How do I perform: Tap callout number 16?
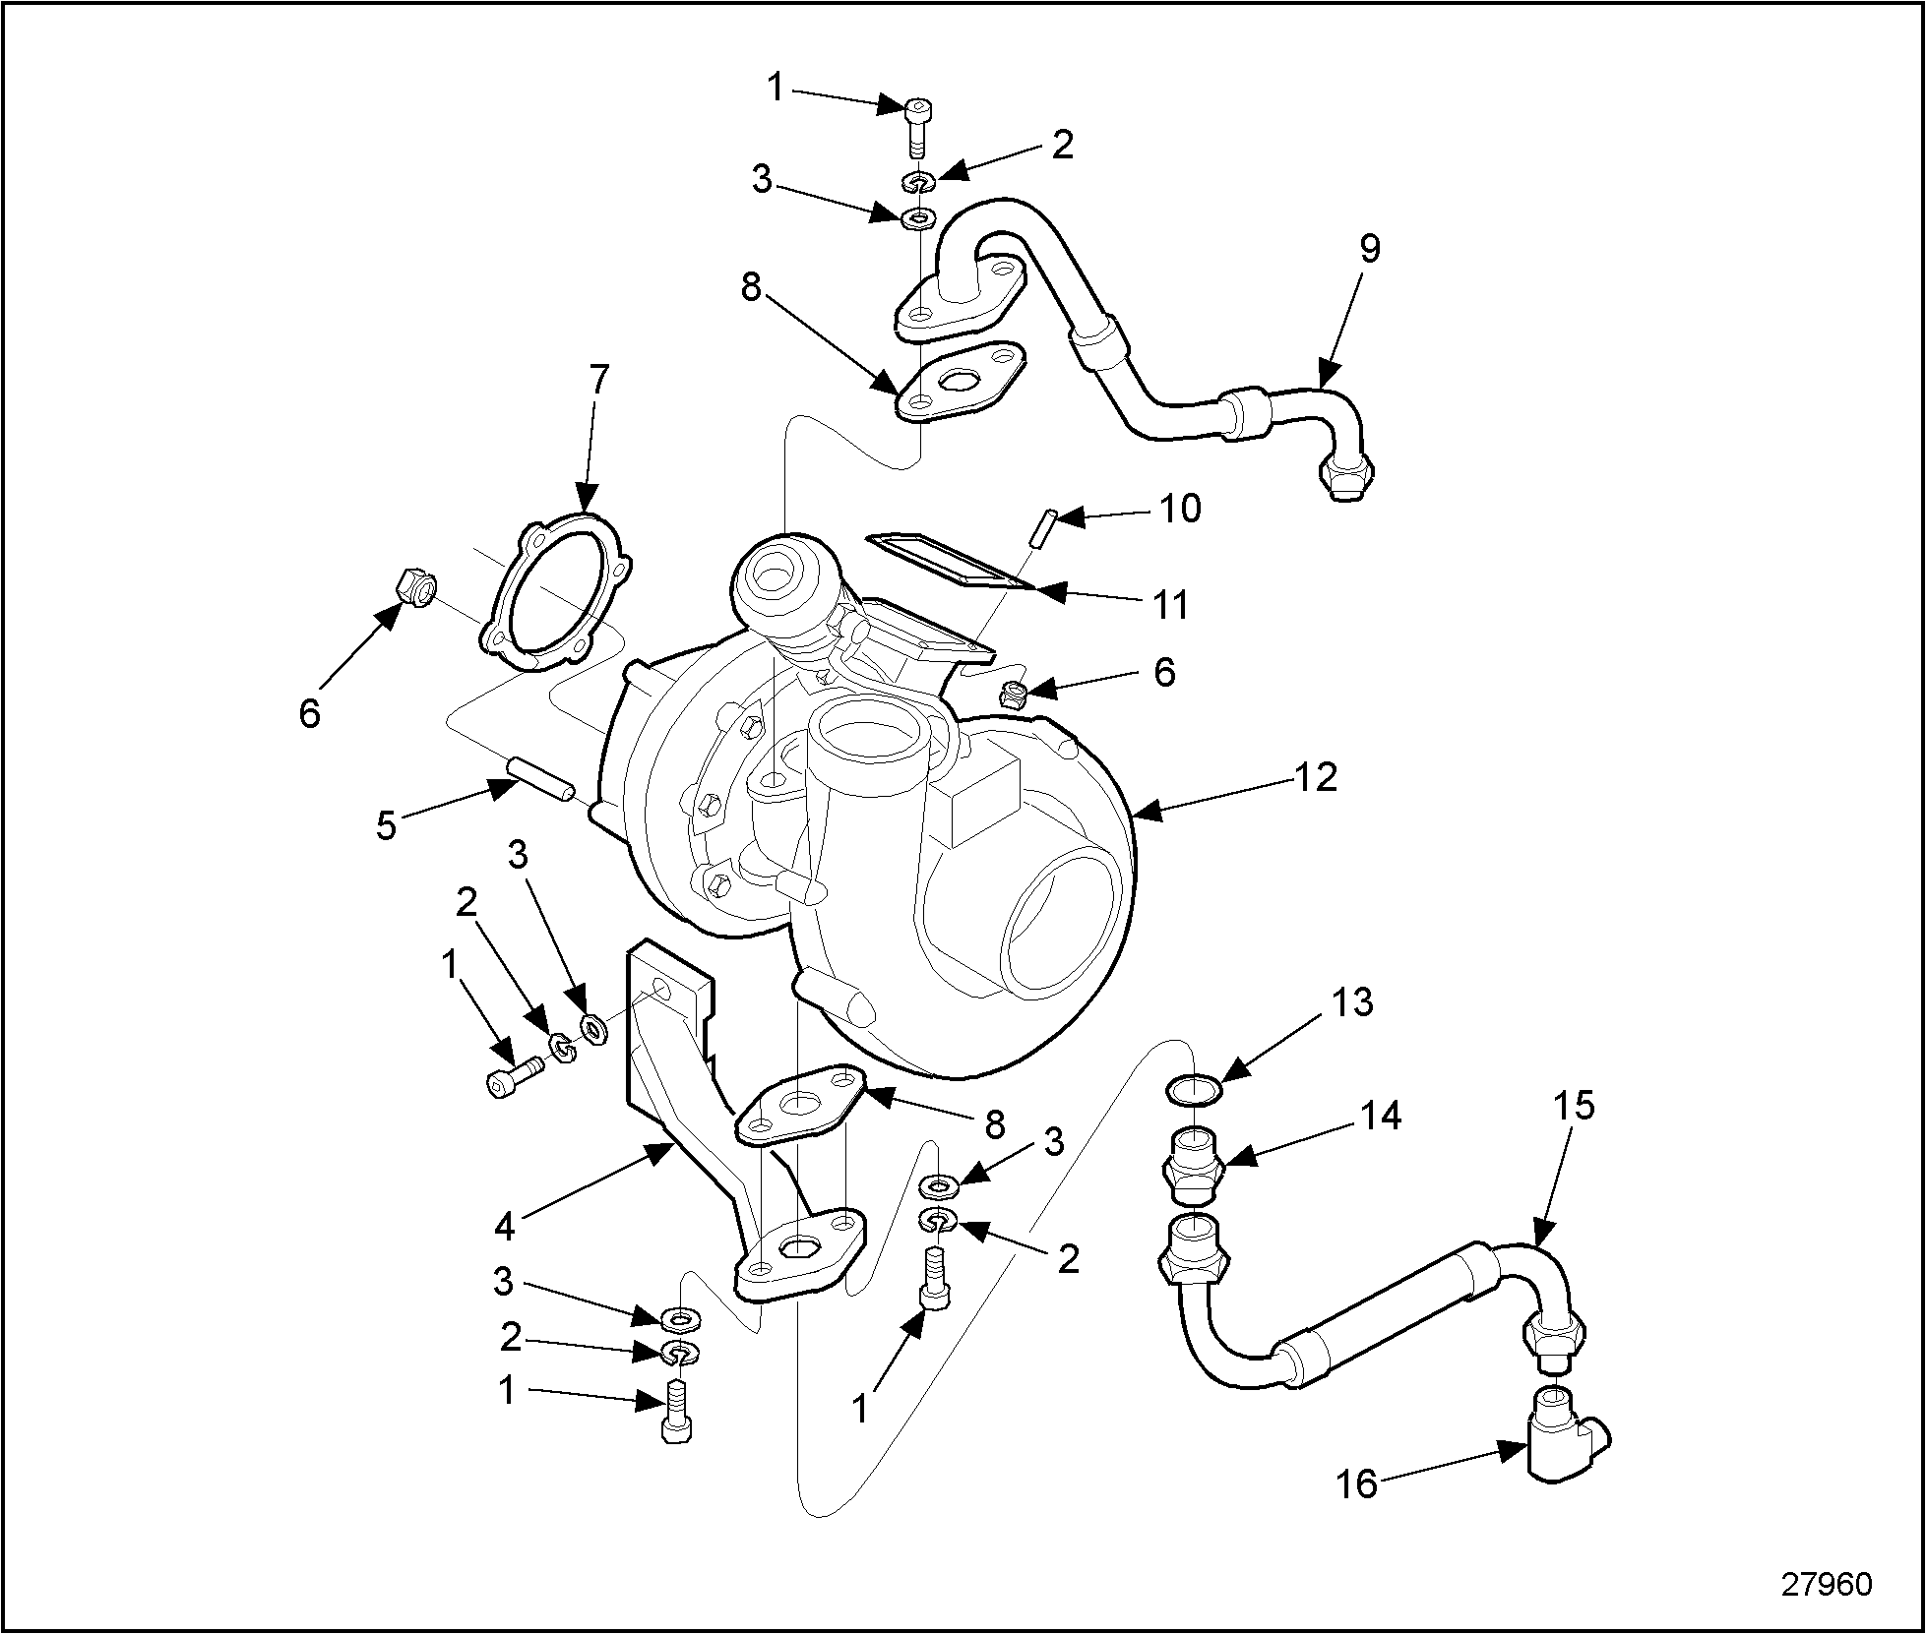point(1356,1511)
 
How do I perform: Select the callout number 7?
point(598,380)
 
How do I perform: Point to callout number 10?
point(1180,509)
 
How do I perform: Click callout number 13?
point(1351,1001)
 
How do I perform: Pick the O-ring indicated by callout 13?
point(1194,1089)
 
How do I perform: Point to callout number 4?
point(505,1226)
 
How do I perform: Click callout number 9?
point(1370,249)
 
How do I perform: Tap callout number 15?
point(1574,1106)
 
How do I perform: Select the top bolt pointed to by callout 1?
point(916,125)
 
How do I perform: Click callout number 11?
point(1170,604)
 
